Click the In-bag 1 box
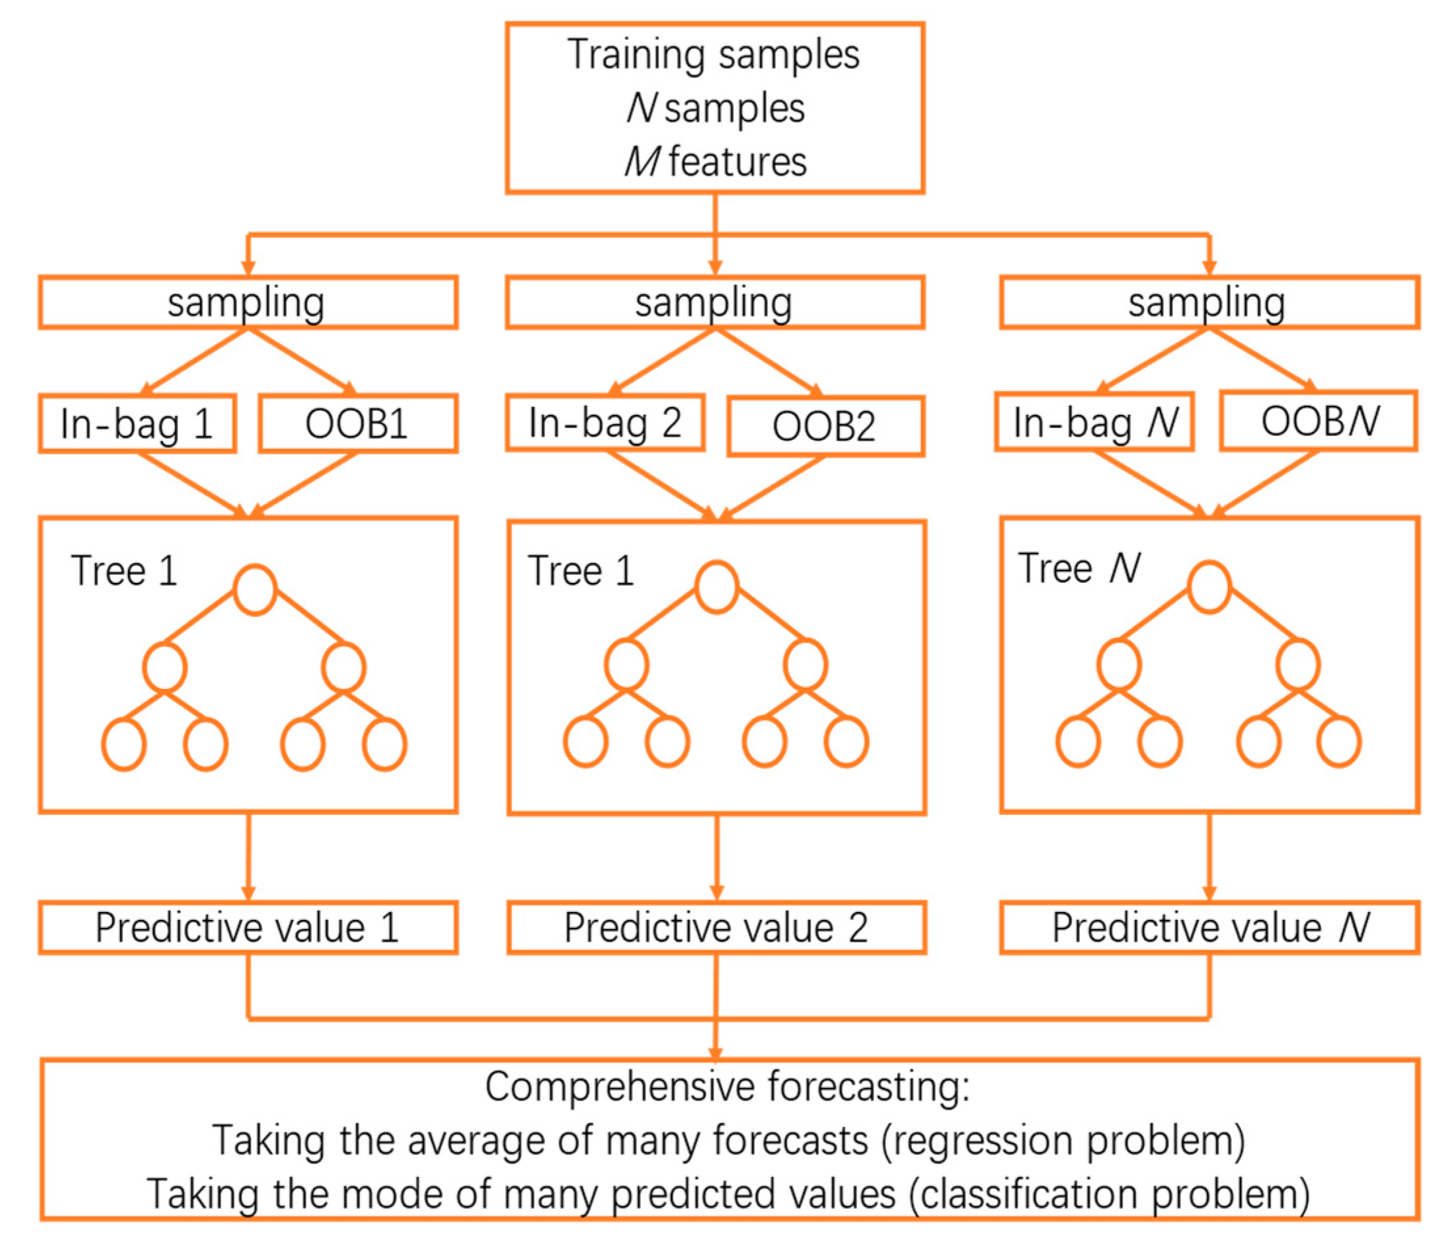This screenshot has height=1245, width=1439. (x=137, y=424)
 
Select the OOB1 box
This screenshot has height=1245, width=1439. (x=358, y=424)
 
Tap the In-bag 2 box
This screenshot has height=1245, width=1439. (x=605, y=422)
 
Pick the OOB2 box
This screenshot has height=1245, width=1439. (x=825, y=427)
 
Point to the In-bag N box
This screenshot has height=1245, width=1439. (x=1094, y=422)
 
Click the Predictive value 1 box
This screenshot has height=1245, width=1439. (x=248, y=928)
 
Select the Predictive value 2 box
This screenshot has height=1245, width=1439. (x=716, y=928)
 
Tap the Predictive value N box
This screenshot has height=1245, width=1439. (x=1209, y=928)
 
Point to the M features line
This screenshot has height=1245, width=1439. (x=716, y=161)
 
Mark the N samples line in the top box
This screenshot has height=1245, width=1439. (x=716, y=108)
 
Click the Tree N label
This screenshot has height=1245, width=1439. (x=1079, y=568)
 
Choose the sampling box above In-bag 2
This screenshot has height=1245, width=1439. (x=715, y=303)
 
